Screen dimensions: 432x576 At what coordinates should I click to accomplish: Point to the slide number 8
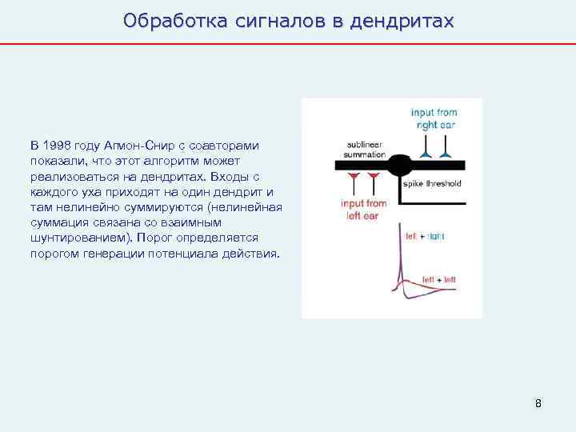pyautogui.click(x=538, y=403)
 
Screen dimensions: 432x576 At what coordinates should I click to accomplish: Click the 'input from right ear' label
pyautogui.click(x=434, y=118)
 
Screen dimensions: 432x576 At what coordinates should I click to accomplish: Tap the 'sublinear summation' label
pyautogui.click(x=364, y=149)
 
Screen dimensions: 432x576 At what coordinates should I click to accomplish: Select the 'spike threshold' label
pyautogui.click(x=432, y=183)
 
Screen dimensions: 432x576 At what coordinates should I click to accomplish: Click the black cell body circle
pyautogui.click(x=401, y=166)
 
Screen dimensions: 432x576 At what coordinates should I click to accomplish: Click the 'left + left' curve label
pyautogui.click(x=438, y=278)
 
